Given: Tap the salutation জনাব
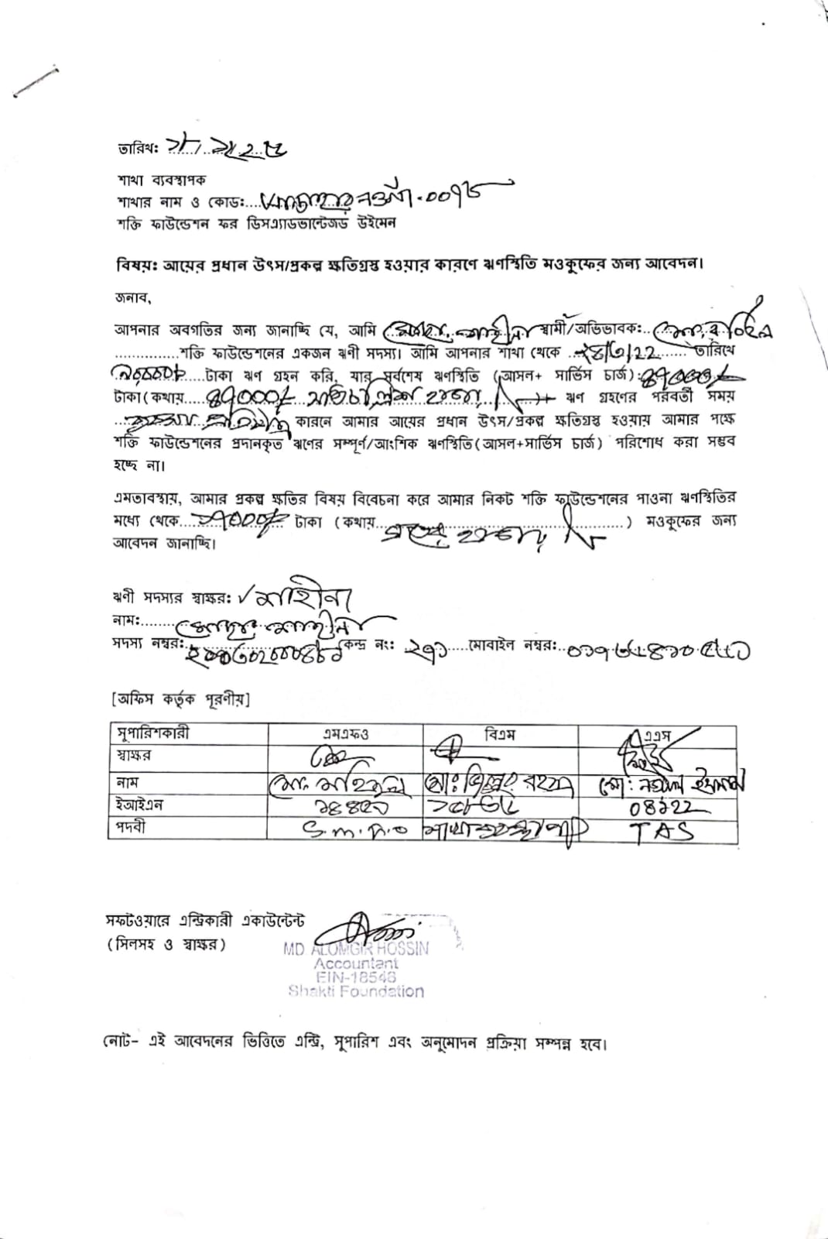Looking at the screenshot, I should tap(132, 297).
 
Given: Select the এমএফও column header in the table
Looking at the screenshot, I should tap(345, 734).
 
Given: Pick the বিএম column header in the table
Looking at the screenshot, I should tap(500, 733).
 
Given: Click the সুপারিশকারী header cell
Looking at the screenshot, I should tap(152, 733).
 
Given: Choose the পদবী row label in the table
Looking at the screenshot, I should tap(131, 827).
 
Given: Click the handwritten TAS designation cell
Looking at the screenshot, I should tap(659, 832).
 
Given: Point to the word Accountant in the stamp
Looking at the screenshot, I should tap(356, 964).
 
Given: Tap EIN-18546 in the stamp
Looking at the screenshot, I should tap(356, 977).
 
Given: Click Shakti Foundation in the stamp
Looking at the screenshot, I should tap(356, 991).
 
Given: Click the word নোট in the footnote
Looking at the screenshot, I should tap(120, 1042).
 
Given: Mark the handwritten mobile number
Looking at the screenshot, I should tap(658, 652).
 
